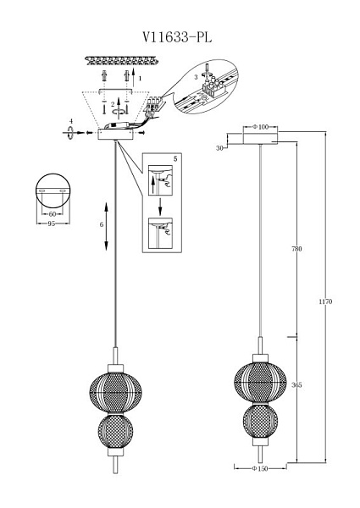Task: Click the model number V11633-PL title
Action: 177,37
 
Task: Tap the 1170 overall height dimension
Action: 325,301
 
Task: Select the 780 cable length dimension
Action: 296,249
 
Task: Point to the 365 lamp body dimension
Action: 296,385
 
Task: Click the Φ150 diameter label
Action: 260,468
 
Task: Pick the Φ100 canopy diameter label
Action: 261,127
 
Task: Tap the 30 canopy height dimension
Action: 219,148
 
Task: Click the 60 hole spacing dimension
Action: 53,214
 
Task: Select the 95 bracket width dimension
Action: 52,224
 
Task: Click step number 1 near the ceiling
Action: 140,78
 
